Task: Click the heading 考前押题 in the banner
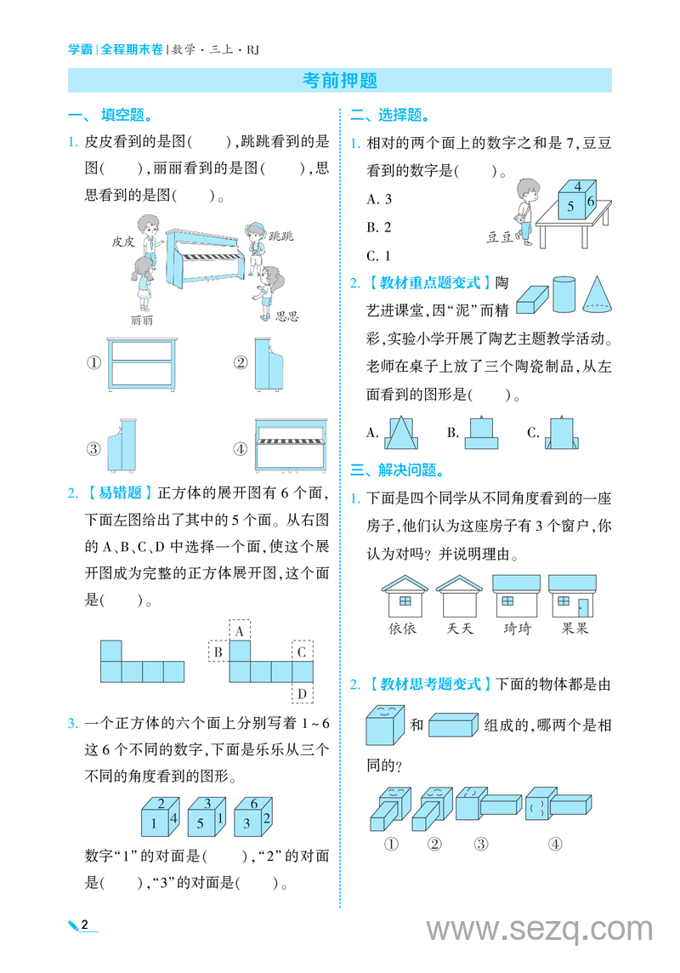(x=340, y=81)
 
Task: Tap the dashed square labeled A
(x=241, y=630)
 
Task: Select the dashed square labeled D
(x=302, y=693)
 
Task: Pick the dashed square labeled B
(x=218, y=652)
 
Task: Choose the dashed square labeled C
(x=302, y=652)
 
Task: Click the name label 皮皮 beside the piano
(x=123, y=241)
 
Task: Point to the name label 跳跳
(x=280, y=236)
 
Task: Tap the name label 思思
(x=287, y=316)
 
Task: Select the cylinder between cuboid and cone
(x=563, y=293)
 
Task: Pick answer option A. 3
(x=379, y=199)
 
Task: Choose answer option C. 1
(x=379, y=255)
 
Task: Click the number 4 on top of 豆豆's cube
(x=577, y=186)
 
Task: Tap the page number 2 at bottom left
(x=85, y=925)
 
